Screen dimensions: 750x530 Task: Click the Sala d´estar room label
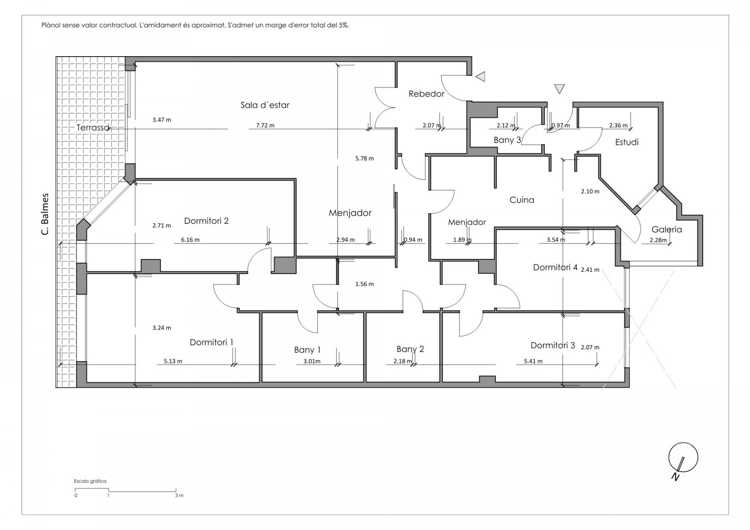pyautogui.click(x=265, y=105)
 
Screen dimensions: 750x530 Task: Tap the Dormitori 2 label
pyautogui.click(x=206, y=221)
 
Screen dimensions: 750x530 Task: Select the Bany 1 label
pyautogui.click(x=307, y=350)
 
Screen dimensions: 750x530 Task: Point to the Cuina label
pyautogui.click(x=522, y=200)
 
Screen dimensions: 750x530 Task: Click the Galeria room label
pyautogui.click(x=667, y=229)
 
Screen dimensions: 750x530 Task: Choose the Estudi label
pyautogui.click(x=627, y=142)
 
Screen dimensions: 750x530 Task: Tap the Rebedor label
pyautogui.click(x=427, y=94)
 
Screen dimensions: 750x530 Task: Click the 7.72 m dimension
pyautogui.click(x=265, y=125)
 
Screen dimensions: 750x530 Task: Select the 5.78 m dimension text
pyautogui.click(x=364, y=158)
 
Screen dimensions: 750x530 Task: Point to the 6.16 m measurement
pyautogui.click(x=190, y=239)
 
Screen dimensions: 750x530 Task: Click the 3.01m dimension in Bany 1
pyautogui.click(x=312, y=361)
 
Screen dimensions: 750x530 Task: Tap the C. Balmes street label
pyautogui.click(x=45, y=214)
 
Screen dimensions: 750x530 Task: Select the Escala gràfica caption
pyautogui.click(x=90, y=481)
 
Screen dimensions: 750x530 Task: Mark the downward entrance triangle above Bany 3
pyautogui.click(x=559, y=89)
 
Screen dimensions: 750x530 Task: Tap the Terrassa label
pyautogui.click(x=93, y=127)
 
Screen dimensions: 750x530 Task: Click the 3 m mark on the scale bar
pyautogui.click(x=179, y=495)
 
